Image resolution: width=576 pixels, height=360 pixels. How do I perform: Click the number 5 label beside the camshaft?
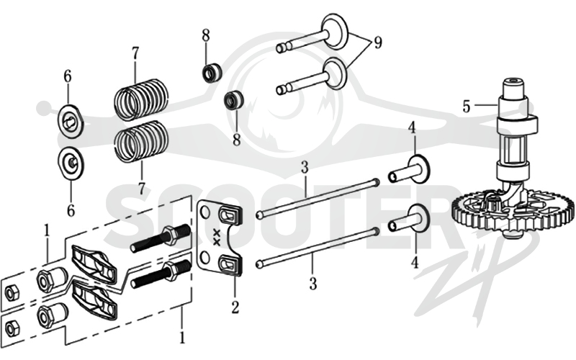pos(466,106)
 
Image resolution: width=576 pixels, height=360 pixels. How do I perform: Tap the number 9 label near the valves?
pos(378,42)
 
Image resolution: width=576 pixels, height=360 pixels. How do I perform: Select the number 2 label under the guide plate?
pos(235,307)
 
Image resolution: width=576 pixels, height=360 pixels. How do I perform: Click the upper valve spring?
pos(140,99)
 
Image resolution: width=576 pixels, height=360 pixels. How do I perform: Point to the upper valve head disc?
pos(335,30)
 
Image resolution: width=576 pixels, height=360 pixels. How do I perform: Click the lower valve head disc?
pos(335,73)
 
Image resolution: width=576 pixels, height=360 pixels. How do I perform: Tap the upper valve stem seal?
pos(212,73)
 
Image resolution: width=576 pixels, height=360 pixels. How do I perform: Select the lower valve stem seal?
pos(233,99)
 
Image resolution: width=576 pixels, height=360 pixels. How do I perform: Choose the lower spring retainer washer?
pos(71,163)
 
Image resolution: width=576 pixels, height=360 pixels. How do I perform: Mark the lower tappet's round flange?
pos(418,218)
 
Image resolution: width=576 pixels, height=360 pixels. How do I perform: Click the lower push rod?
pos(318,247)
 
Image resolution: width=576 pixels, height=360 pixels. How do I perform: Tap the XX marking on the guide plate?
pos(217,238)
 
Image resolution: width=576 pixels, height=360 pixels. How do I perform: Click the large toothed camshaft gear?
pos(513,212)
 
